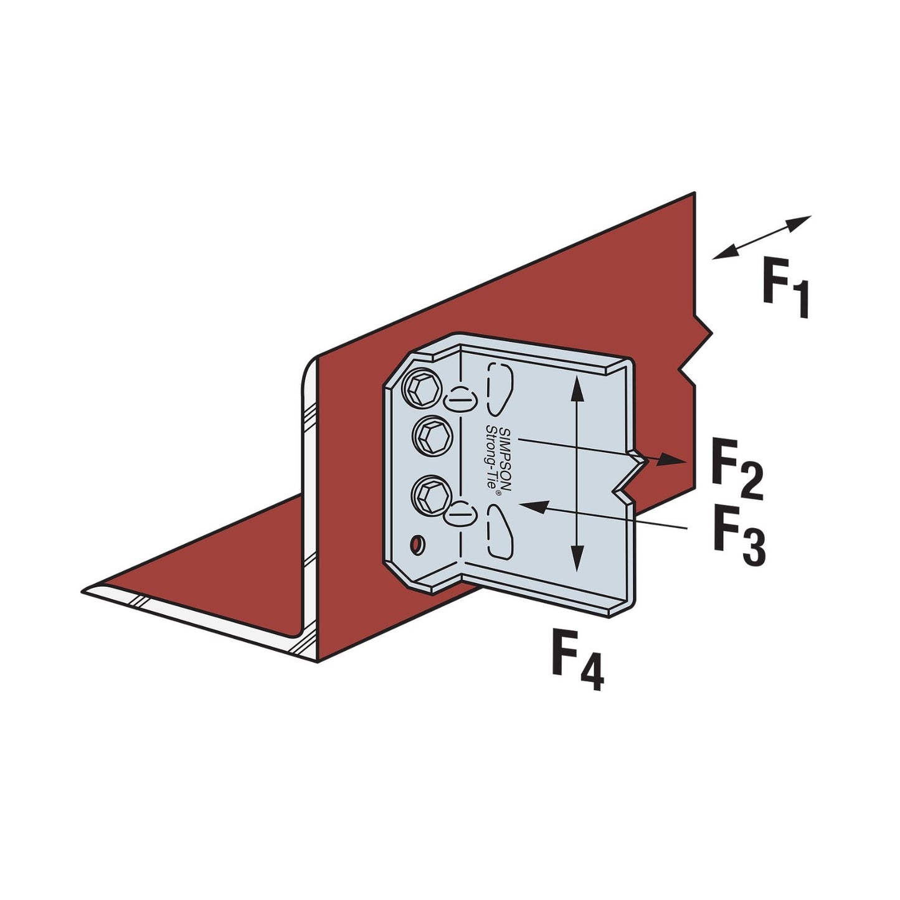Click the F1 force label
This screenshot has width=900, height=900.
pos(786,288)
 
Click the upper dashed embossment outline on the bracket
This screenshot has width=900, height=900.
pos(500,389)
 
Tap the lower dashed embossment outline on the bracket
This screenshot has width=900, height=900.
pos(500,531)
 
